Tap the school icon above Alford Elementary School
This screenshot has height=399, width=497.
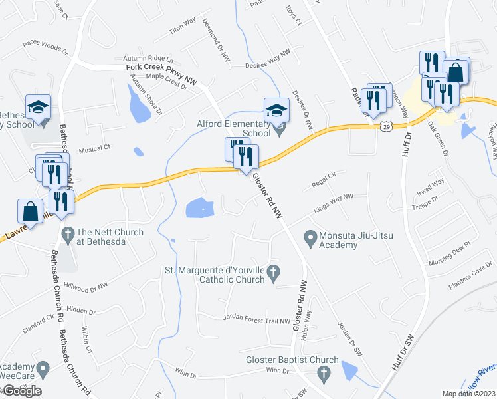point(276,109)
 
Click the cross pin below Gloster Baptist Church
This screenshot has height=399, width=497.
point(324,375)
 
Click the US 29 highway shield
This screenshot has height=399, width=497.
point(385,126)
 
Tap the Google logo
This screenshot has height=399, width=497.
point(21,391)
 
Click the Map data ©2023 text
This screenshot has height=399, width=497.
point(469,394)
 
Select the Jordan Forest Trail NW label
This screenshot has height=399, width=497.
point(258,318)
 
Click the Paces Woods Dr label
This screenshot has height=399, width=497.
point(45,46)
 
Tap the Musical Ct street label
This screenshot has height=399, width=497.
point(94,149)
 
